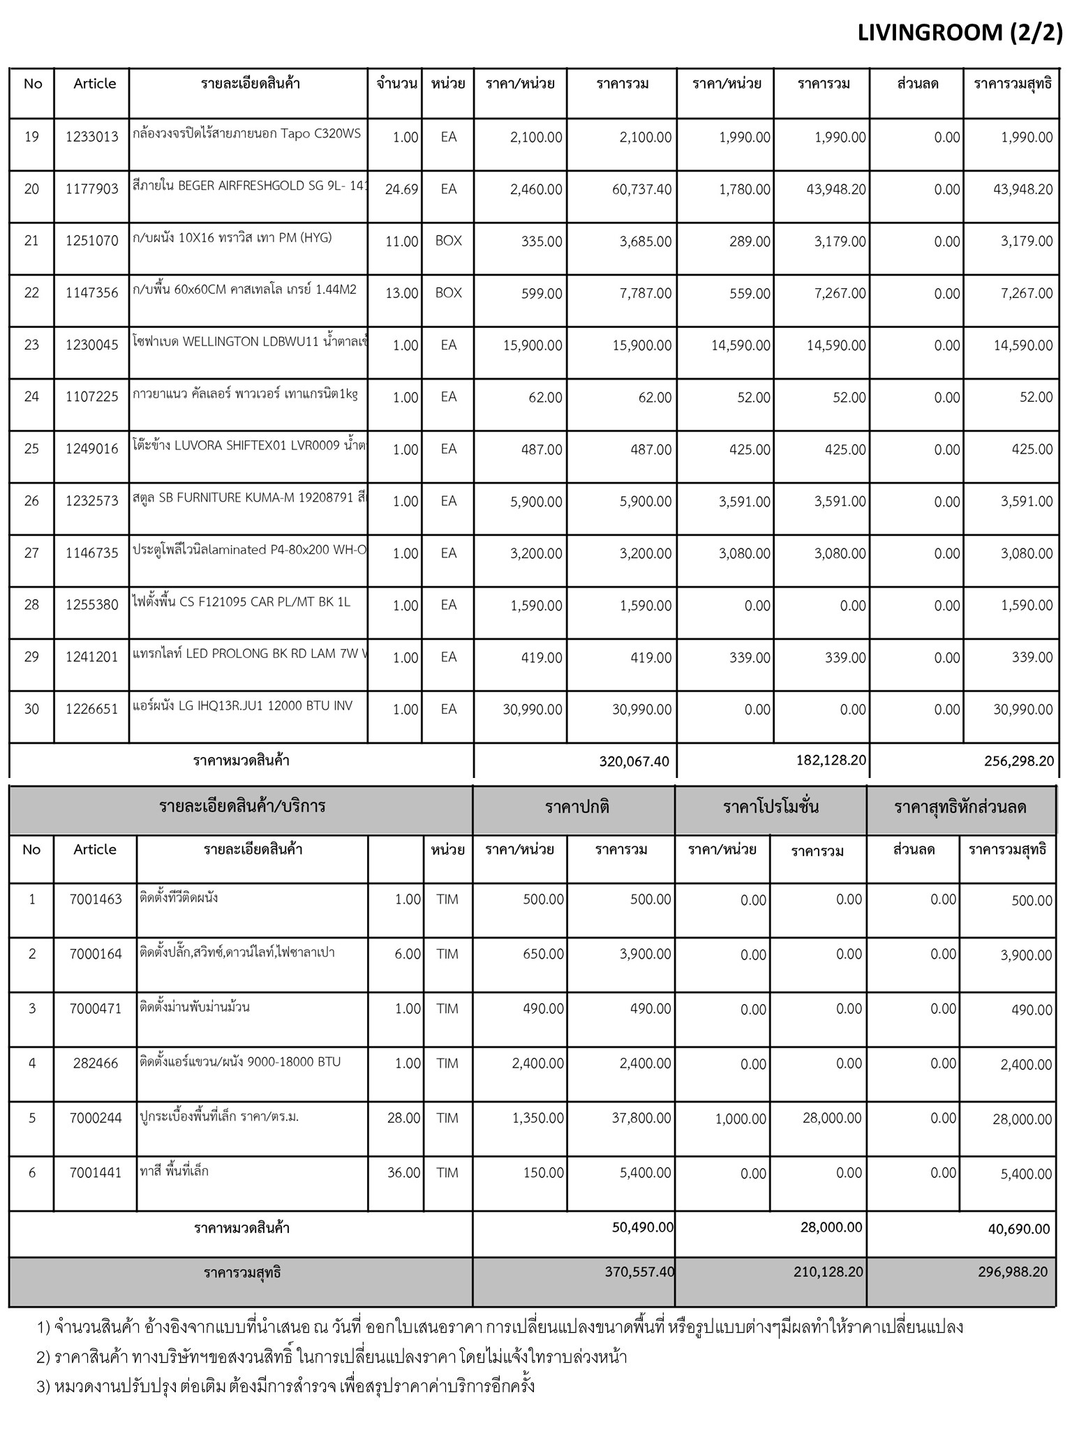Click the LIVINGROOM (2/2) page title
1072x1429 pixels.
tap(960, 33)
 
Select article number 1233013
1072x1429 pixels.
tap(92, 137)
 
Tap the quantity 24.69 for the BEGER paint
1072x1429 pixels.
tap(401, 189)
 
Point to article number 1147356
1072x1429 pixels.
tap(92, 293)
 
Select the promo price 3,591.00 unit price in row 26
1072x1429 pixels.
tap(744, 501)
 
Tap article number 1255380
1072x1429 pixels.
tap(92, 605)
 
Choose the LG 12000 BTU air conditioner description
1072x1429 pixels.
tap(243, 706)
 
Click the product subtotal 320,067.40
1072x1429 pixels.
tap(634, 761)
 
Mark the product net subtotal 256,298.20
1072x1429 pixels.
tap(1019, 761)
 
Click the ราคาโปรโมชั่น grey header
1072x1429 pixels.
tap(770, 807)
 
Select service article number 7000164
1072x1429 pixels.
tap(96, 954)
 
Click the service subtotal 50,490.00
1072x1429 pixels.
tap(643, 1227)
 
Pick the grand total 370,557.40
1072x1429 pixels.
tap(639, 1272)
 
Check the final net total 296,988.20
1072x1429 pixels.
tap(1013, 1272)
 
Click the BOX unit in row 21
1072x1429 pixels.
tap(448, 241)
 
